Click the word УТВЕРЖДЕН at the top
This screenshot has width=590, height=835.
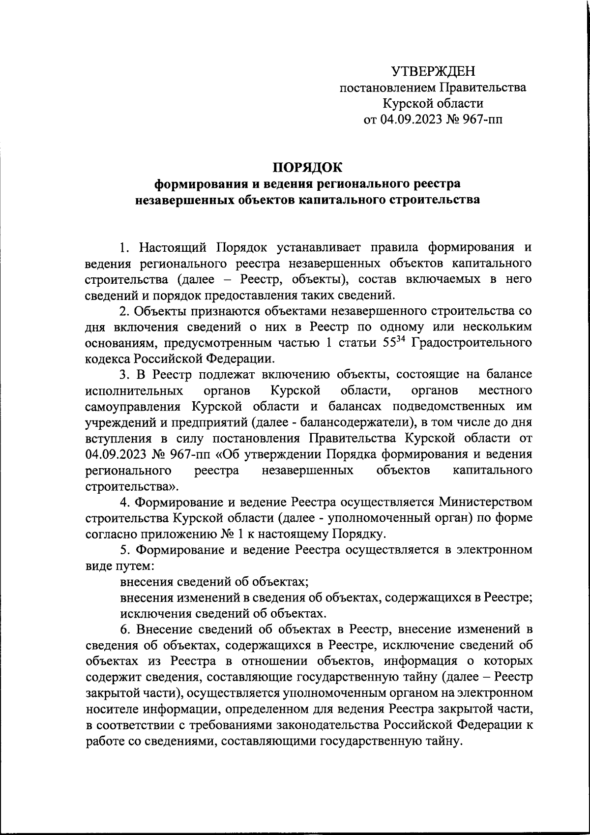coord(433,72)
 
